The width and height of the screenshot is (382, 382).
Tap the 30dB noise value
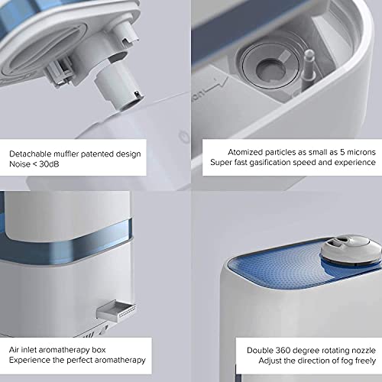pos(49,164)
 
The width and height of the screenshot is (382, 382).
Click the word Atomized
pos(245,152)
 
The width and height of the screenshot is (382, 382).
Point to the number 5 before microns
pos(342,152)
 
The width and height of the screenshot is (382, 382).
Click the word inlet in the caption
pos(28,350)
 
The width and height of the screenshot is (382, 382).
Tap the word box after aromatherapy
pos(99,350)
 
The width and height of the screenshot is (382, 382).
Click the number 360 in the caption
pos(283,351)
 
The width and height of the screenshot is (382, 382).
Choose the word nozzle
pos(364,351)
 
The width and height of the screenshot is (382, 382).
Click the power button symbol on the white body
pos(183,134)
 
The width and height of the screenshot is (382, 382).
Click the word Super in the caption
pos(221,163)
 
